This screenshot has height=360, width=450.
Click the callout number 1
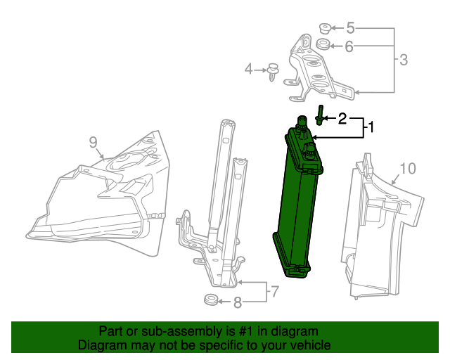pos(372,128)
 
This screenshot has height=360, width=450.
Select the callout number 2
pos(342,118)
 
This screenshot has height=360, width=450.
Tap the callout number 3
pos(403,60)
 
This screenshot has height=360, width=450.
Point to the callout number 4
pos(248,69)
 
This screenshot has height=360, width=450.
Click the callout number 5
pos(349,29)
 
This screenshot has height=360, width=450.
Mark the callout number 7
pos(275,291)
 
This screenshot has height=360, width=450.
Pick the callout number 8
pos(237,303)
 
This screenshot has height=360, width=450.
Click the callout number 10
pos(408,168)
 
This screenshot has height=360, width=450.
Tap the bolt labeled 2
pos(320,115)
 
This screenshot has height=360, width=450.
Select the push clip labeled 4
pos(272,71)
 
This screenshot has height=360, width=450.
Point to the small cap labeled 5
pos(325,29)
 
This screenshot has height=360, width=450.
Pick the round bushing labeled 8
pos(210,302)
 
